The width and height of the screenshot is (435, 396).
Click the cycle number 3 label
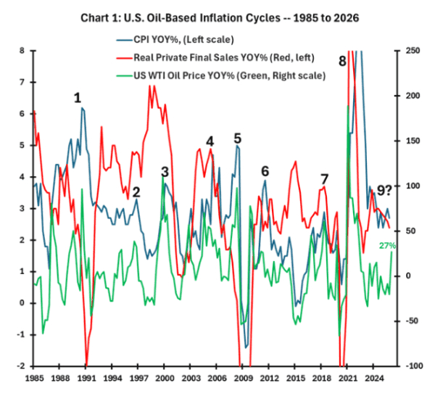pos(165,172)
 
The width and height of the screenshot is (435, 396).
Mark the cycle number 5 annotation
pos(237,139)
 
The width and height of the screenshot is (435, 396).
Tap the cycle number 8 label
pos(342,61)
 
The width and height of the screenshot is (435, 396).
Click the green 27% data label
pos(388,247)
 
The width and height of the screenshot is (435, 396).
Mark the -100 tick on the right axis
pos(412,366)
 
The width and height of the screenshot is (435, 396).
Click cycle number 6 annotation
pos(265,171)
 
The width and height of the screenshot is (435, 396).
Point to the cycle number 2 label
pos(136,193)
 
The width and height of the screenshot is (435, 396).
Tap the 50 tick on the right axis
pos(408,231)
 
